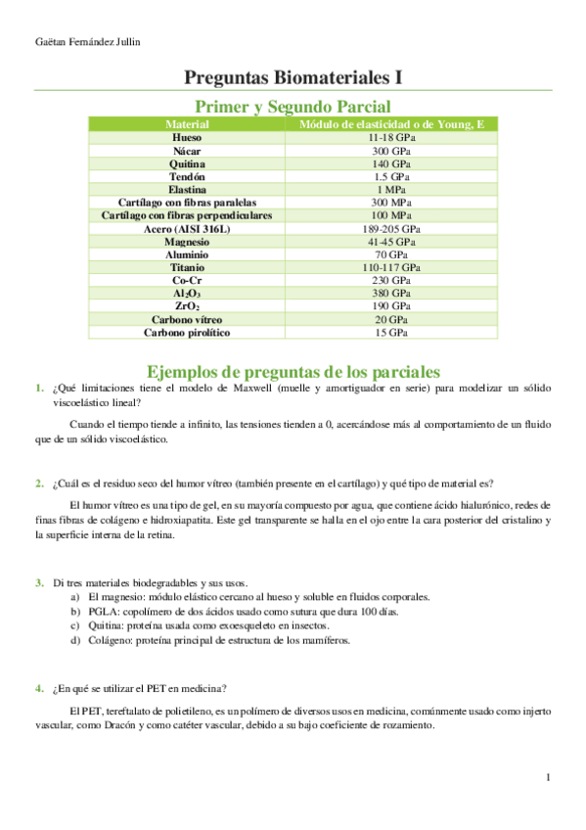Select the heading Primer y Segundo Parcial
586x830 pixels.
click(x=293, y=107)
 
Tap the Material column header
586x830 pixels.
click(x=187, y=125)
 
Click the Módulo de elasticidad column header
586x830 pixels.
click(x=391, y=125)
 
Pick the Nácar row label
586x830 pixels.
click(x=187, y=152)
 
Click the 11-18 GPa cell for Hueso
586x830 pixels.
click(x=391, y=139)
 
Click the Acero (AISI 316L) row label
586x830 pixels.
click(x=187, y=228)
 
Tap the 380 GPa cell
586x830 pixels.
click(x=391, y=293)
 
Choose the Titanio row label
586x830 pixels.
click(x=187, y=267)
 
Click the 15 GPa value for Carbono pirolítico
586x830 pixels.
click(x=391, y=332)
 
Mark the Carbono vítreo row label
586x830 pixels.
click(x=187, y=319)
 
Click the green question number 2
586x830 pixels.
click(x=38, y=483)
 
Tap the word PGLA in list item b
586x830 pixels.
click(x=103, y=611)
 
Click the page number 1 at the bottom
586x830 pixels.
click(x=549, y=778)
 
